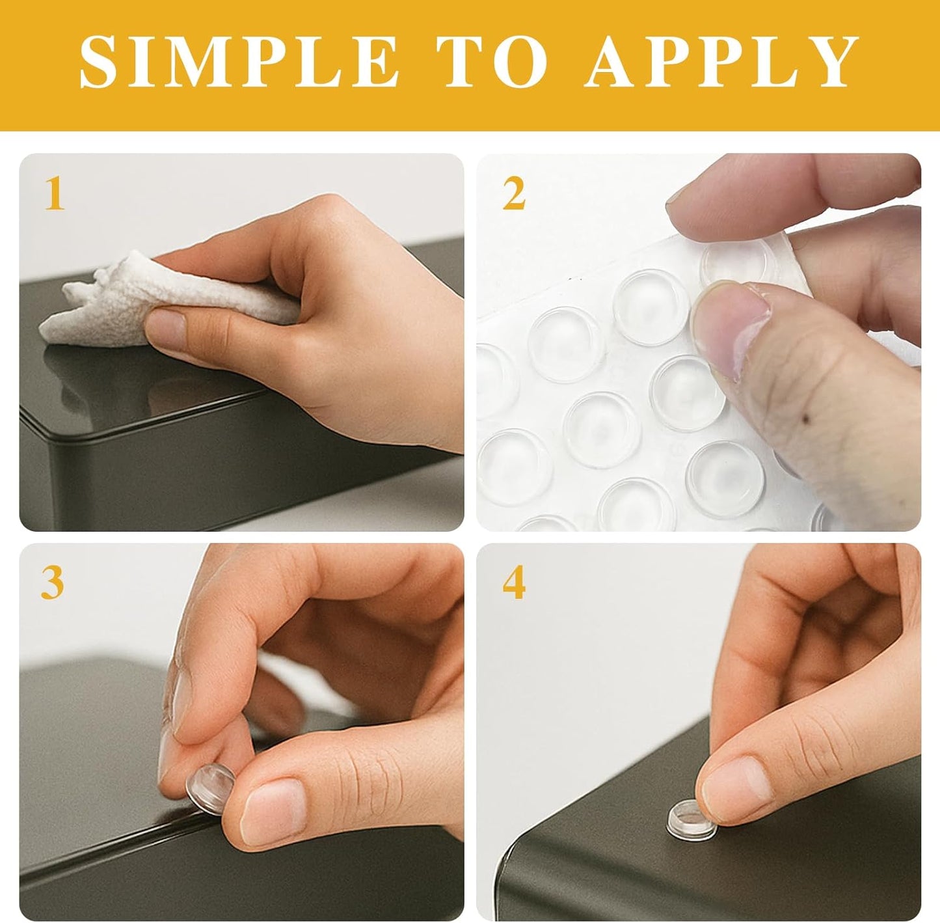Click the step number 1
tap(55, 193)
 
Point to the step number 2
tap(514, 193)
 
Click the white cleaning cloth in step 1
tap(166, 300)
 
